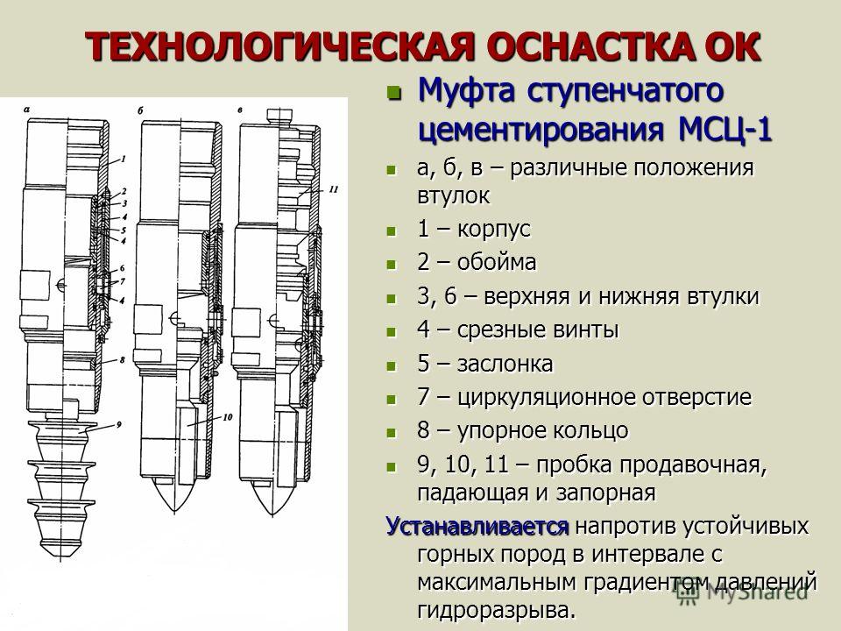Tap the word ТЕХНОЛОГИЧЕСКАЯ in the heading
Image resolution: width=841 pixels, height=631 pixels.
(279, 47)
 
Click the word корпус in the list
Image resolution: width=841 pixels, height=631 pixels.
(493, 230)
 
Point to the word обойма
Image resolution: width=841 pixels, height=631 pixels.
(497, 262)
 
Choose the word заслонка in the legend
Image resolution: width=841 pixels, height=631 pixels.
(505, 364)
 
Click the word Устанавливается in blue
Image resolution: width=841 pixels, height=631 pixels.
(477, 526)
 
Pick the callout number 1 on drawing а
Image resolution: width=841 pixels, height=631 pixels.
(123, 159)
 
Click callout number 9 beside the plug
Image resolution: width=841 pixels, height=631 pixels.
(118, 424)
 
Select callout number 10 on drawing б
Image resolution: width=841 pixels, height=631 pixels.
(228, 416)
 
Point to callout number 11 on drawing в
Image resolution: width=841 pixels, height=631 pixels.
(334, 189)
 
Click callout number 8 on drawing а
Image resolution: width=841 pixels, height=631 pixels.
(122, 359)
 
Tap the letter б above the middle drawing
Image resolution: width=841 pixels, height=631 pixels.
(140, 111)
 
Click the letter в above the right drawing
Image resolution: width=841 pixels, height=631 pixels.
(240, 110)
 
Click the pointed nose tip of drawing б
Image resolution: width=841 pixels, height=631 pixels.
(174, 514)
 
